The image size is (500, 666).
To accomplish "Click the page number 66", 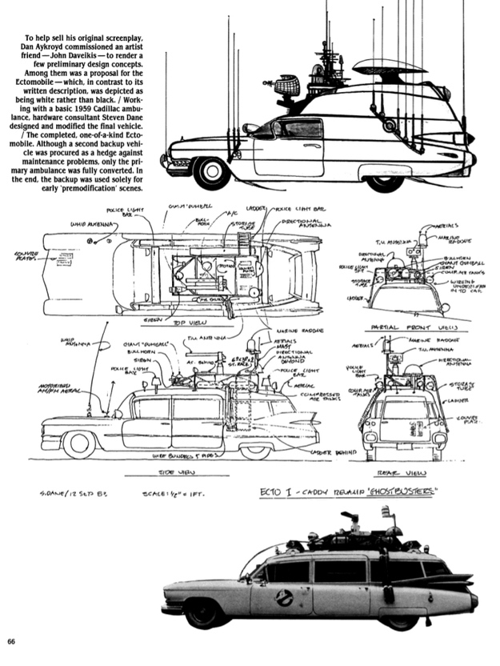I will (11, 640).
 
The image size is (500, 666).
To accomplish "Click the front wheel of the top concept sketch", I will (212, 171).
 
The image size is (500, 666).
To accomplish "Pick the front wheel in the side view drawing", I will (79, 443).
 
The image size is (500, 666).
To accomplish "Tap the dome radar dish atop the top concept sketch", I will (377, 66).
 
